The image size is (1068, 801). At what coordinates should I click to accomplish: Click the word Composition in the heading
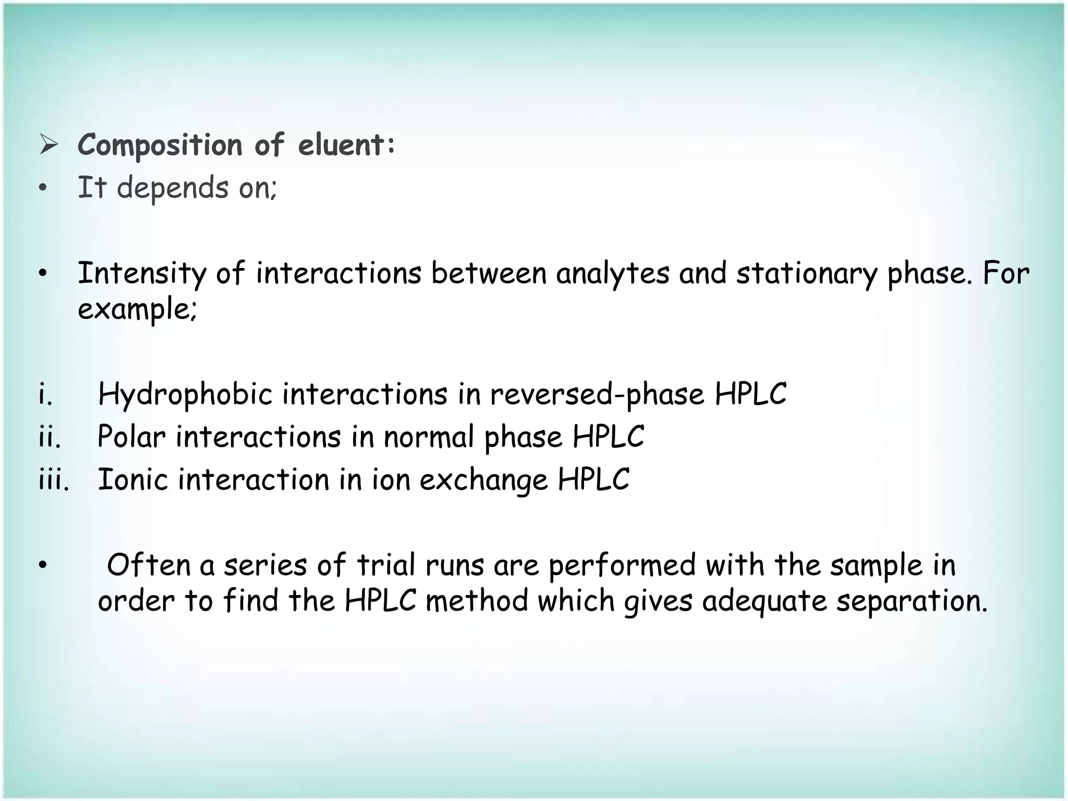[160, 145]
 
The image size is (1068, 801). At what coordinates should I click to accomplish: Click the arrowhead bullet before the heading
[48, 145]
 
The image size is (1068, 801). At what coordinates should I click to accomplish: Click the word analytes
[613, 274]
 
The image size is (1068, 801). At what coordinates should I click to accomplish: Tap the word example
[137, 309]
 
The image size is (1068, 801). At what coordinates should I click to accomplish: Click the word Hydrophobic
[185, 394]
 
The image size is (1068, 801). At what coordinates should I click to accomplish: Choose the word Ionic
[133, 480]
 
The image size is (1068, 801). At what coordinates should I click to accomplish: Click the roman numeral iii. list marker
[54, 480]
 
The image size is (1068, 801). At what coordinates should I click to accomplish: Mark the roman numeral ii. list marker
[50, 437]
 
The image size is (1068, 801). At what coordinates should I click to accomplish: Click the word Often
[149, 565]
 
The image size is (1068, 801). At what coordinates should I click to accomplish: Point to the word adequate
[764, 601]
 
